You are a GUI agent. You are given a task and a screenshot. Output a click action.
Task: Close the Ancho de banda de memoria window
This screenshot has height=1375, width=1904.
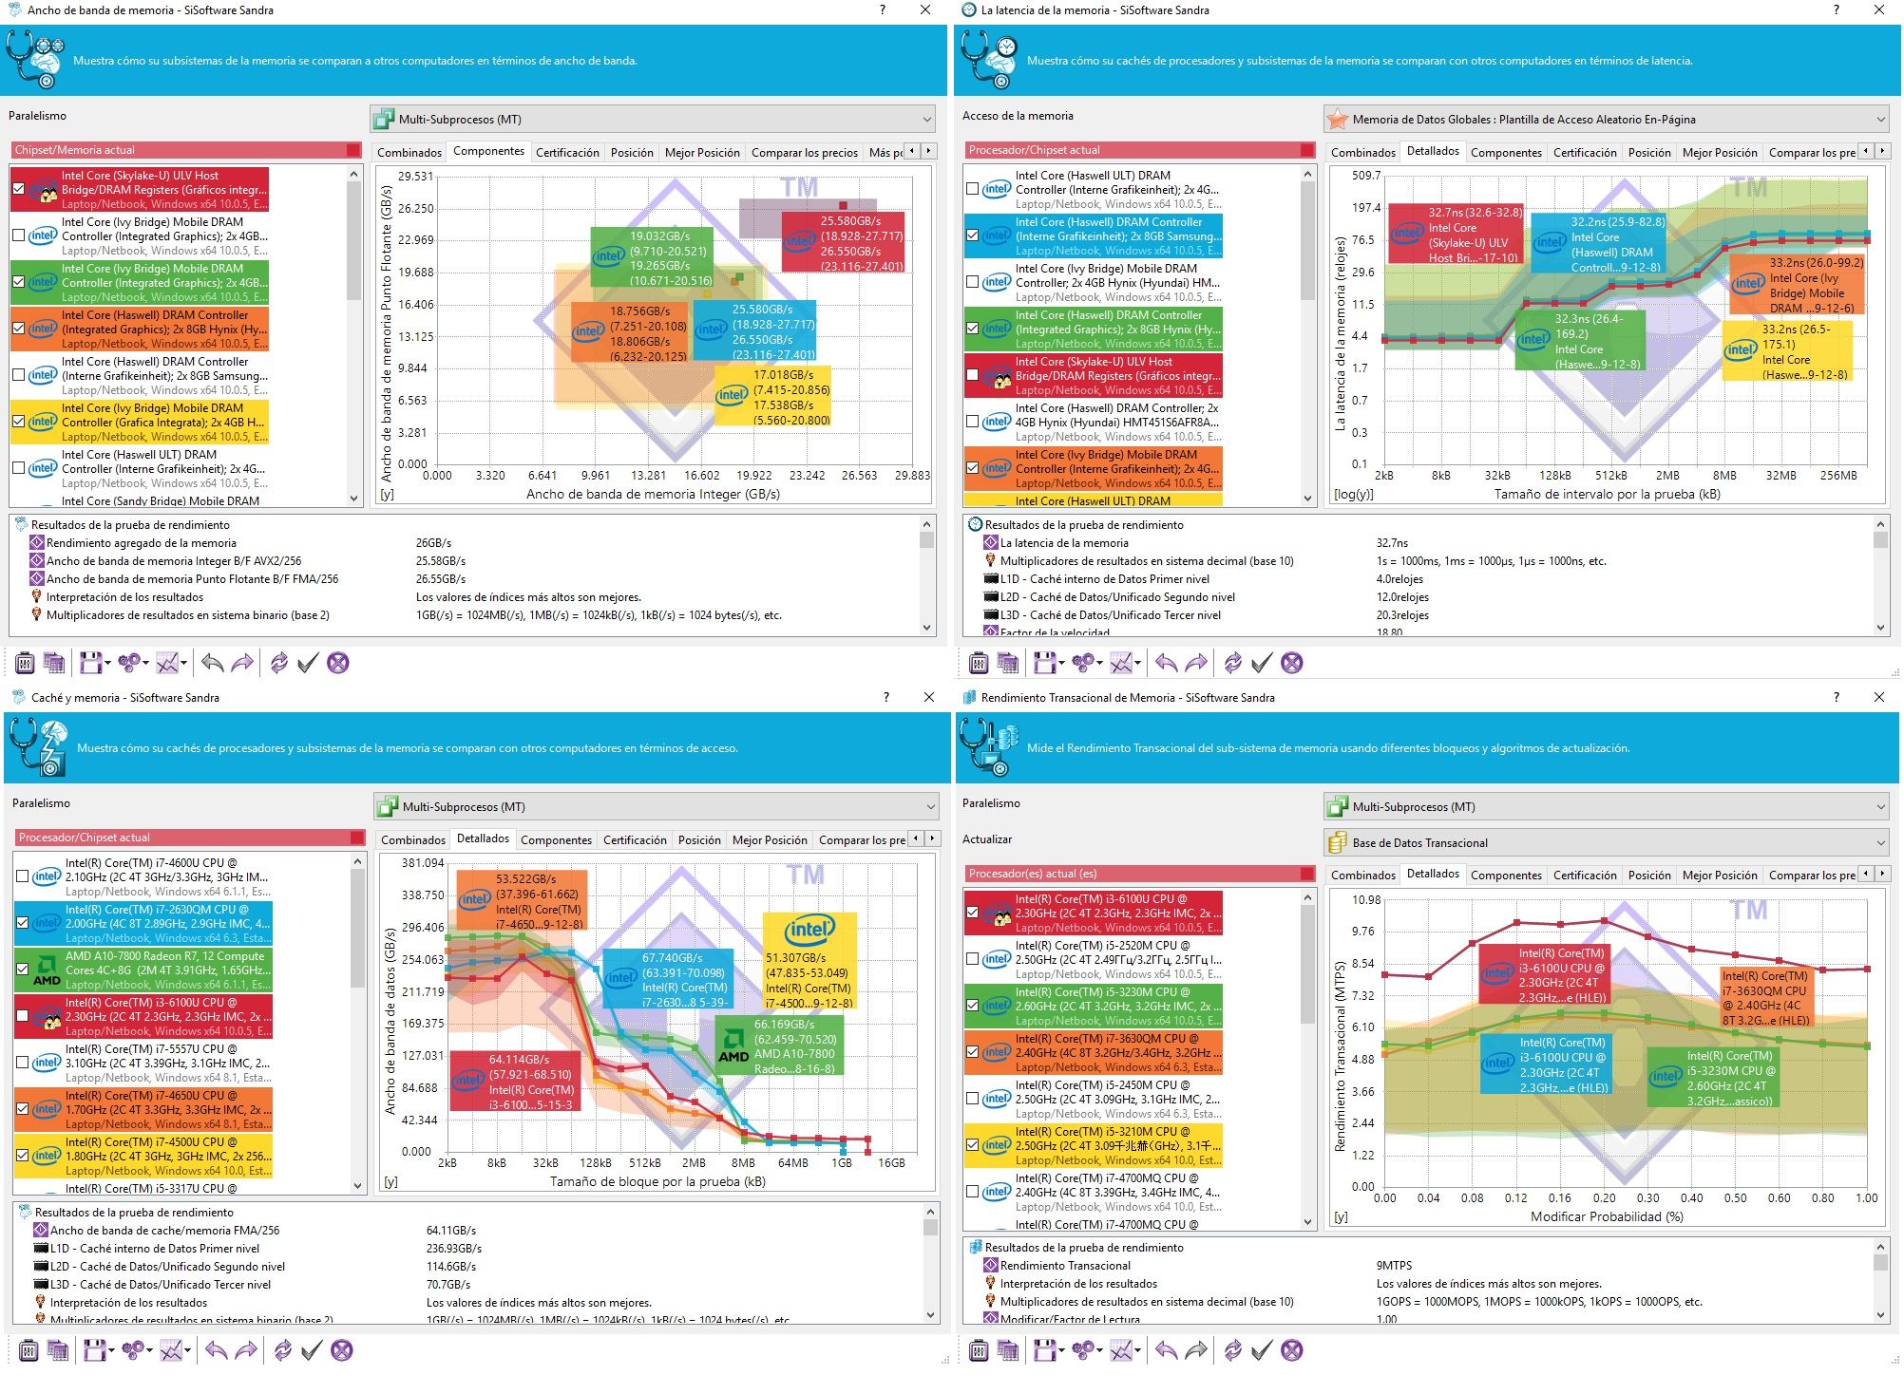925,9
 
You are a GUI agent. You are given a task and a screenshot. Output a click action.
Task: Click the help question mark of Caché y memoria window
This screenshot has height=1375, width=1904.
886,697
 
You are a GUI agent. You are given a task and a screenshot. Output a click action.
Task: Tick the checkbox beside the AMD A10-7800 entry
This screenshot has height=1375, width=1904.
23,970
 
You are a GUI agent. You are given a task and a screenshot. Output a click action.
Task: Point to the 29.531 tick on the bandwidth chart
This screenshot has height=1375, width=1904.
415,177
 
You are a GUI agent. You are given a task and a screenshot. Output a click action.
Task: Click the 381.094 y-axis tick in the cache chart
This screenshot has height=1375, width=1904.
423,863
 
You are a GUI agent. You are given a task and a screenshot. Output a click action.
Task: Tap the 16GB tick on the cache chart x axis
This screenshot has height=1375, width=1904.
890,1162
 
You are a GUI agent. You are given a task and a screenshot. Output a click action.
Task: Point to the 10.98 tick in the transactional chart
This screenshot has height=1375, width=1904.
1365,899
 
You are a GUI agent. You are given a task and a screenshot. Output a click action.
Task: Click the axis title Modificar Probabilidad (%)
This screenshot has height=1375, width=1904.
1606,1216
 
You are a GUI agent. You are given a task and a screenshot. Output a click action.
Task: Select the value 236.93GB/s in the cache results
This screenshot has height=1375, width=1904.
453,1248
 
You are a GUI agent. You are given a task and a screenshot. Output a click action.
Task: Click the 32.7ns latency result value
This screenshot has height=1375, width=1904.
1392,543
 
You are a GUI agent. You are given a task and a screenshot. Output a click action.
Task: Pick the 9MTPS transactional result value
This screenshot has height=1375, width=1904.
1394,1265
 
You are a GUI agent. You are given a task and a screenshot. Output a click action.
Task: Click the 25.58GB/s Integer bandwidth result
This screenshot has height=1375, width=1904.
440,561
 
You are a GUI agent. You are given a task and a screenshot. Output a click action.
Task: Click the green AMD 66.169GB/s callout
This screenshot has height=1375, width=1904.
776,1045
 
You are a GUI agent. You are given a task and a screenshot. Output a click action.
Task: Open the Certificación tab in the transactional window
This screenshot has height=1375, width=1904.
1585,875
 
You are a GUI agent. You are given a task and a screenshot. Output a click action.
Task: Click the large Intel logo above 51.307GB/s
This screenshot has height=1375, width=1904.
809,929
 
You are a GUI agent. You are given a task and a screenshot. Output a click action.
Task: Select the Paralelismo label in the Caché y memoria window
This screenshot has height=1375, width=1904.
41,803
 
